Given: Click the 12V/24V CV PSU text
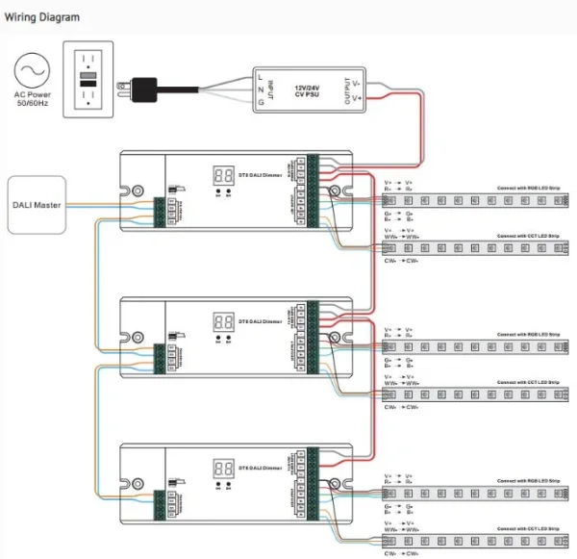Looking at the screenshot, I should coord(307,90).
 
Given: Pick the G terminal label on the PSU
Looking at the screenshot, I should coord(260,103).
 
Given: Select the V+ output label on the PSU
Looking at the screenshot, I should coord(357,98).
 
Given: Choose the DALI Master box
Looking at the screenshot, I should coord(38,204).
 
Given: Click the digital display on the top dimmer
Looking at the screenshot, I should coord(223,175).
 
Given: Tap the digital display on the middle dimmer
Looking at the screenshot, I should coord(223,322).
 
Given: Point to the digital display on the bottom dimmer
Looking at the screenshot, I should coord(223,469).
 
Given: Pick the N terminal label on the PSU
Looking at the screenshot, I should coord(260,89).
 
